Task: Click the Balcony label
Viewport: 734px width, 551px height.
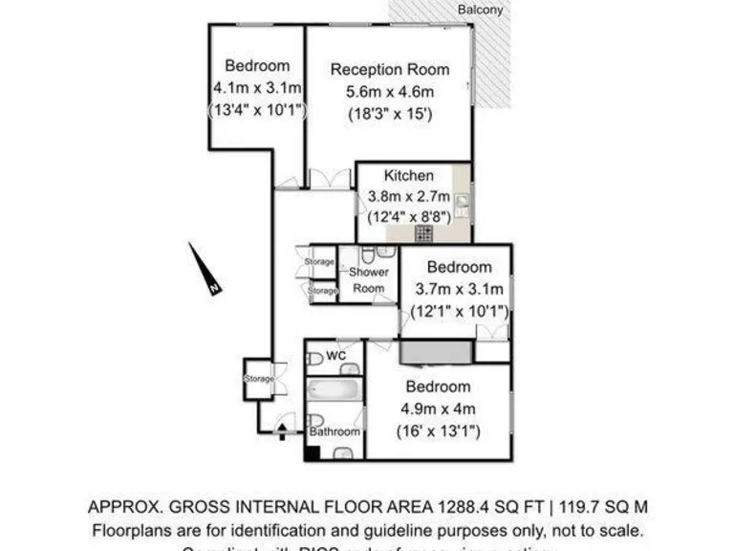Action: click(480, 9)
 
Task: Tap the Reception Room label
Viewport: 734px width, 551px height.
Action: click(389, 69)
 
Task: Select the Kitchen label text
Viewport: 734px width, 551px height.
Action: click(409, 176)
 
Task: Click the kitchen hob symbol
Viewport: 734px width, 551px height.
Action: click(423, 232)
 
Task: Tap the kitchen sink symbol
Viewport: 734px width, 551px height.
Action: click(462, 203)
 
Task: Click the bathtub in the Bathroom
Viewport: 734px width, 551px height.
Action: click(334, 391)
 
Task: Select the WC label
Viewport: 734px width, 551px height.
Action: click(335, 356)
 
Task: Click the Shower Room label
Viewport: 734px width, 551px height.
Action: click(368, 280)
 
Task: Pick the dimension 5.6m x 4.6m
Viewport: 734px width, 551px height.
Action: click(389, 92)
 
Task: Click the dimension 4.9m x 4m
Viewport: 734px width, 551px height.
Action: click(438, 409)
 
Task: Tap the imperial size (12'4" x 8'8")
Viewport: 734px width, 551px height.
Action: click(409, 217)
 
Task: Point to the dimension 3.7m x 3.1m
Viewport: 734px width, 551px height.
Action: click(460, 290)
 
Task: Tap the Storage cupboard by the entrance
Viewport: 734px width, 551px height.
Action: click(259, 379)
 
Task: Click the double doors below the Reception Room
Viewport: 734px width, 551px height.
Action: click(330, 179)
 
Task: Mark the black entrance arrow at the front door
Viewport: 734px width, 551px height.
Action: click(282, 432)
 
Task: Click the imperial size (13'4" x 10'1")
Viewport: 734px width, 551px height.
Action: click(257, 110)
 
